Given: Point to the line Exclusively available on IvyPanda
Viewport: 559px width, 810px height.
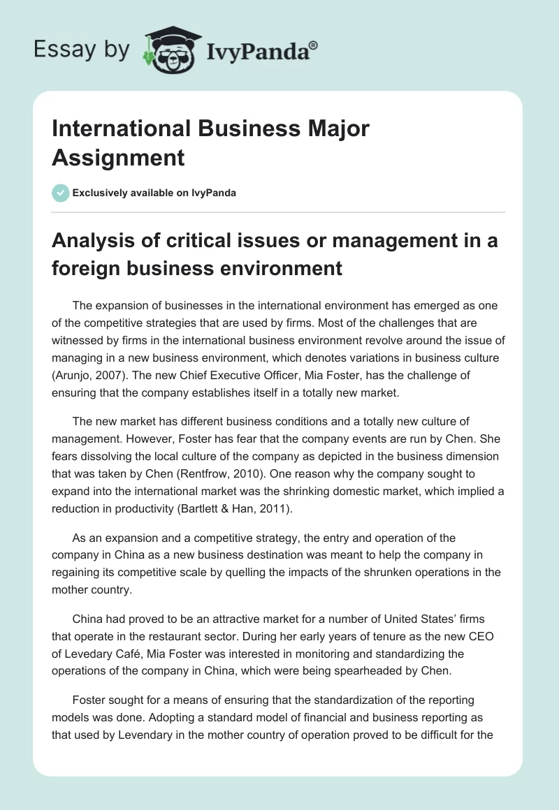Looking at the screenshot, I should (x=153, y=193).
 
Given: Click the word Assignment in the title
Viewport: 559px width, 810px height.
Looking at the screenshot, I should (x=118, y=157).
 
